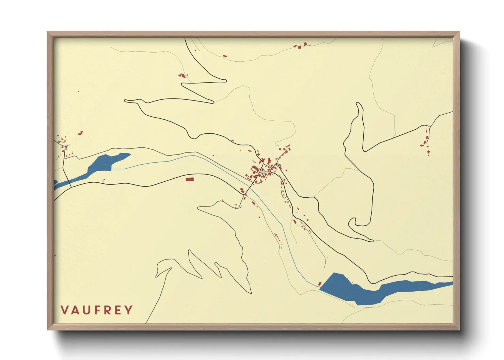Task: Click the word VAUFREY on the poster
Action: pos(97,310)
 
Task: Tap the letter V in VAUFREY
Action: pos(64,310)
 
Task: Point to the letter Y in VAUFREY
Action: pos(129,310)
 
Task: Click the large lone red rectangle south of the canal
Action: pos(189,179)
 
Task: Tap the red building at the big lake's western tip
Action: pos(320,283)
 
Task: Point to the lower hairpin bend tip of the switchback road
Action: pos(212,101)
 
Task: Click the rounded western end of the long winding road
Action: pos(126,101)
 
